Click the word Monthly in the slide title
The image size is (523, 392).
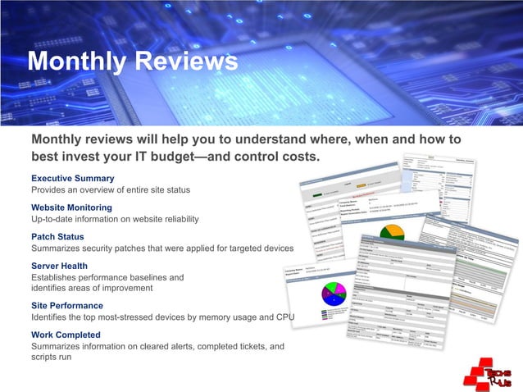(x=76, y=62)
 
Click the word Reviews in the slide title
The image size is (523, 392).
(x=186, y=62)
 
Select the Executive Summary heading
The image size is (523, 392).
(x=72, y=178)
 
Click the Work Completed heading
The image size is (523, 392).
(x=66, y=335)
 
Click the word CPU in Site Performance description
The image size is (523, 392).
(x=284, y=317)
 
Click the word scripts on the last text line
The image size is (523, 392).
(x=45, y=358)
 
